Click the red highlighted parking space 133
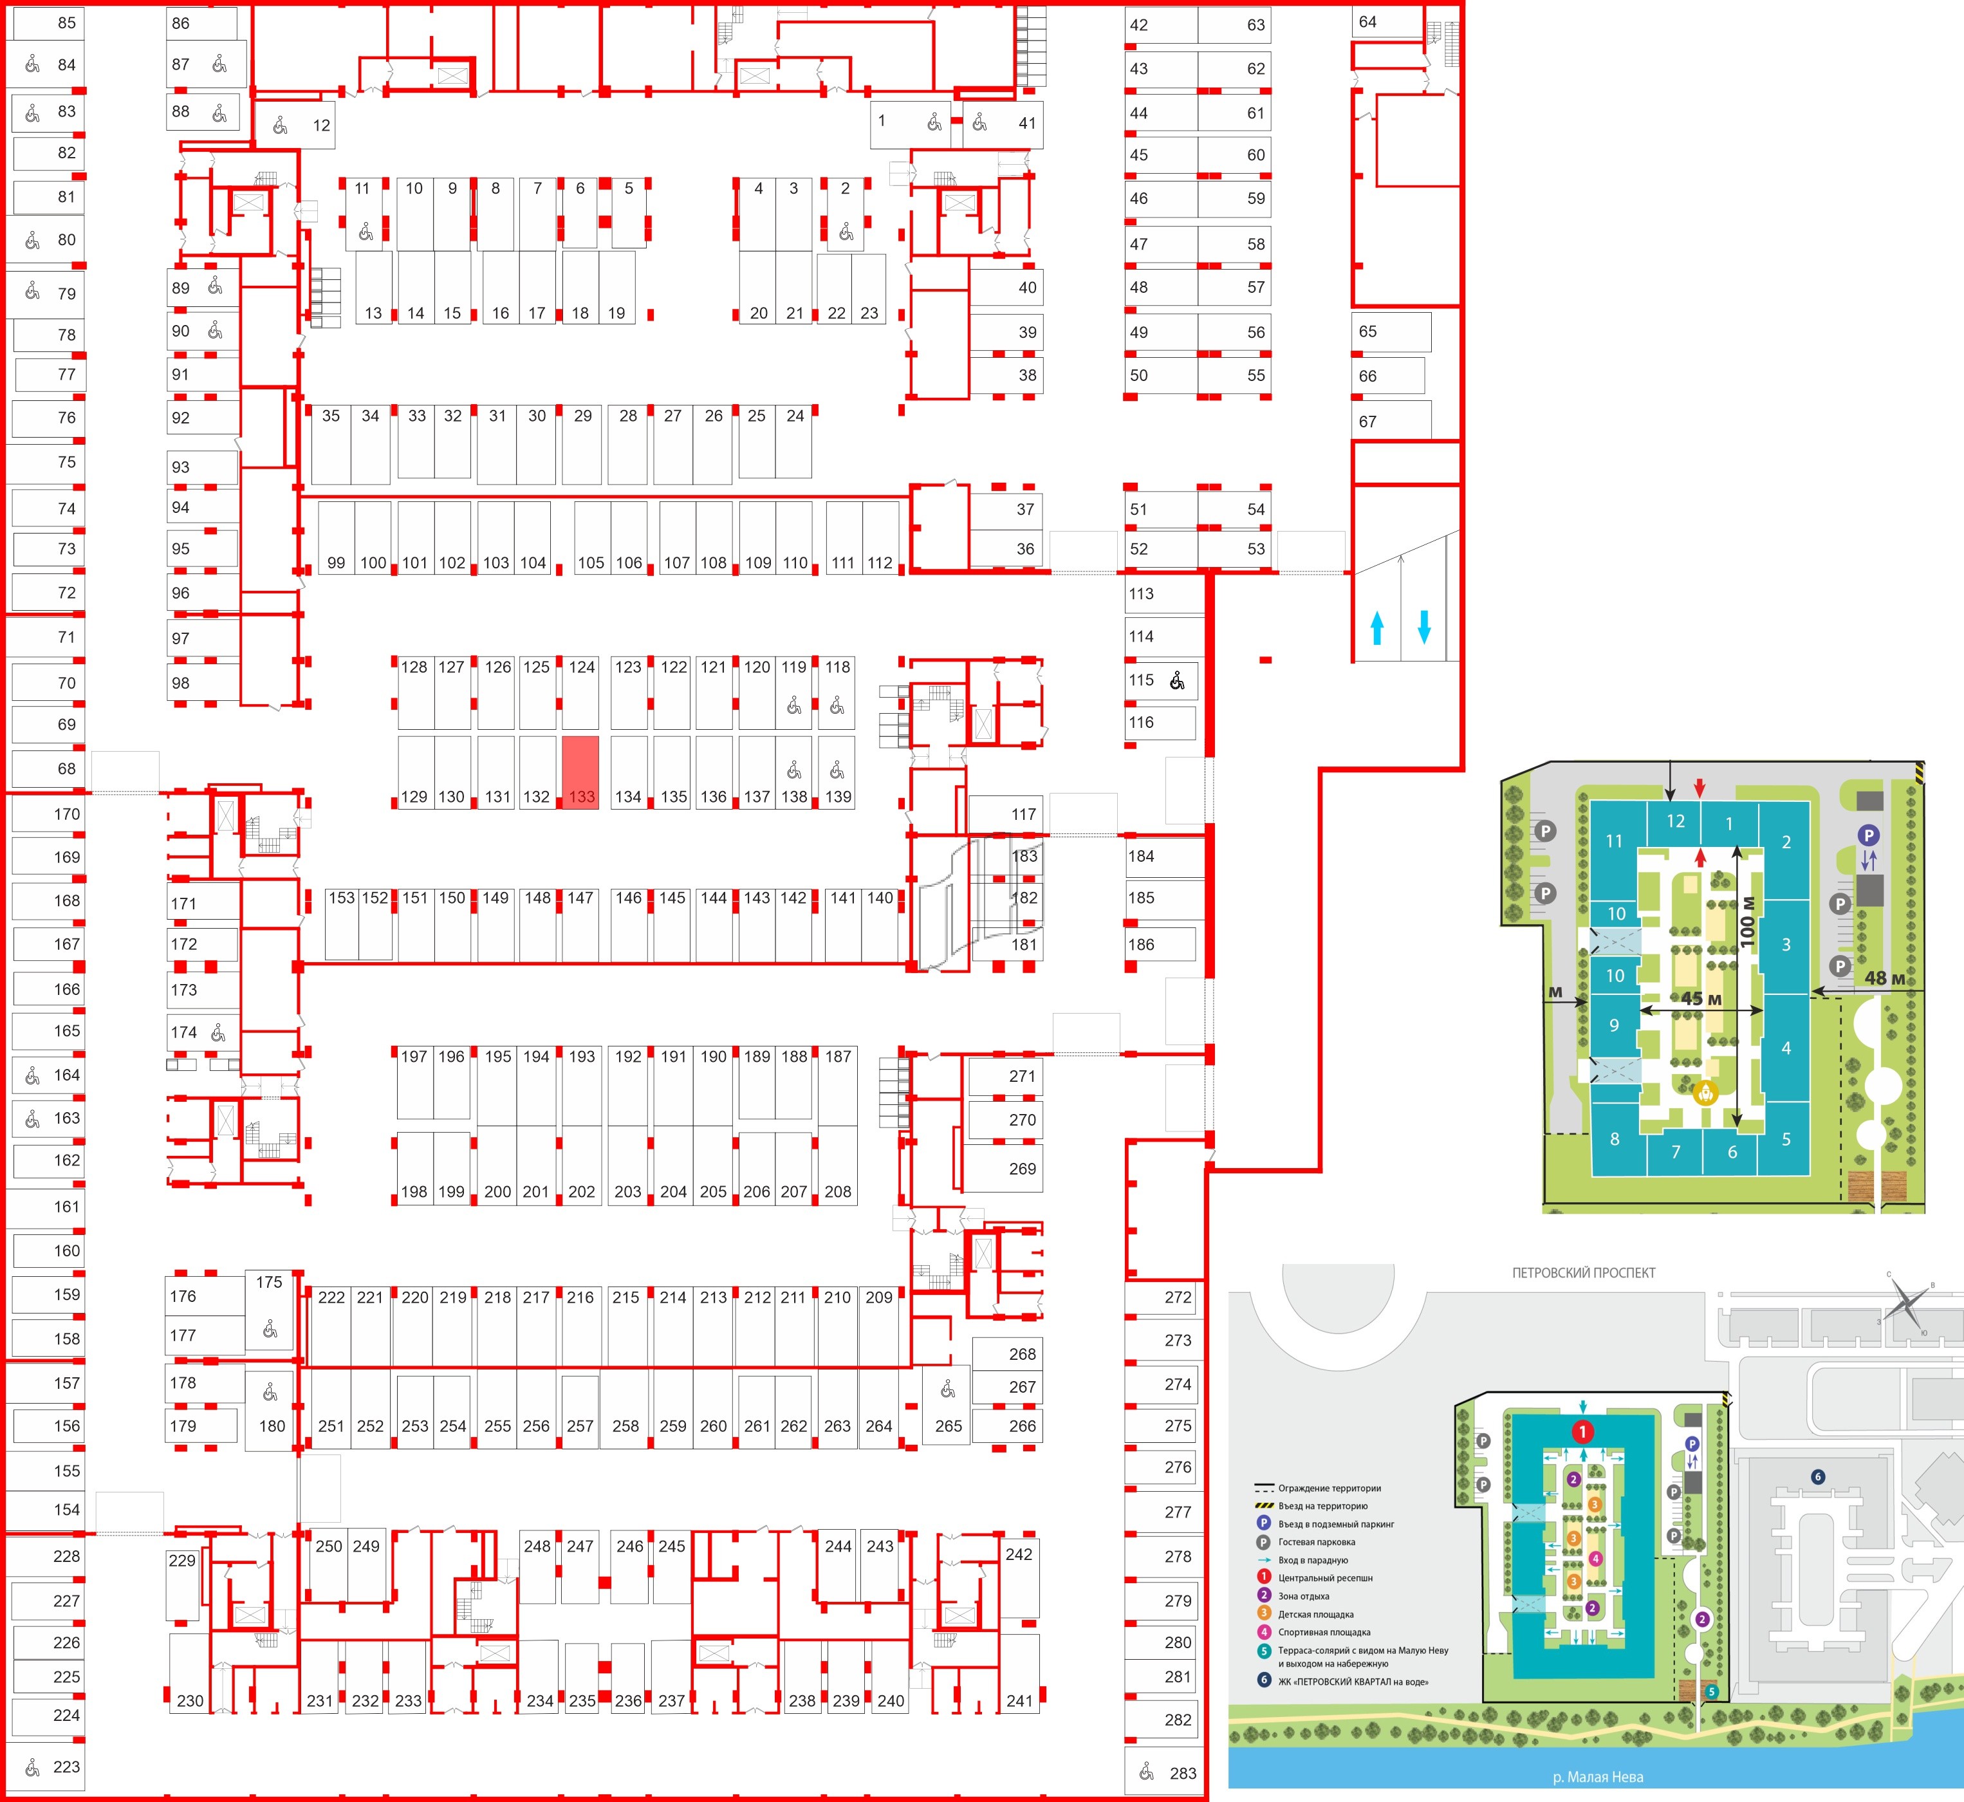point(580,770)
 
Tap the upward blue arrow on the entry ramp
point(1377,627)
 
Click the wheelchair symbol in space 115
point(1178,681)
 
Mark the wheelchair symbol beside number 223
point(32,1766)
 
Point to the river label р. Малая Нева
point(1597,1777)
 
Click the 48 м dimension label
point(1884,978)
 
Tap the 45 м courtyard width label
point(1701,999)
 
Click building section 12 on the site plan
point(1675,821)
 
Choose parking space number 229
point(182,1560)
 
